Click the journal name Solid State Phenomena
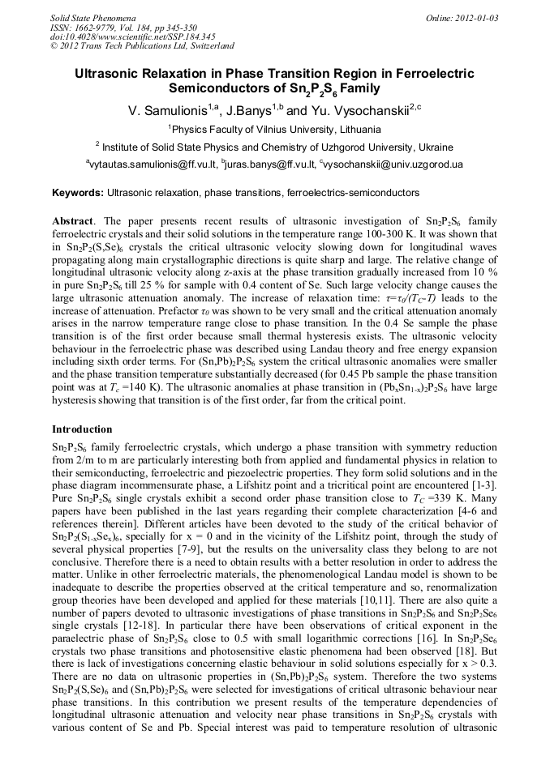point(92,17)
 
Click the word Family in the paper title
point(360,88)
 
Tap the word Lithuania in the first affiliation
point(358,129)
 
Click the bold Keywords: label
point(78,194)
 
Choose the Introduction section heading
point(82,429)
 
